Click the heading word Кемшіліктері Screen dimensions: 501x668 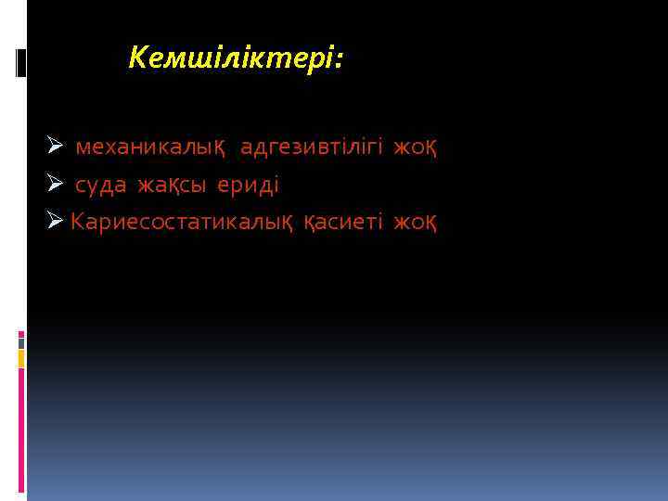point(233,60)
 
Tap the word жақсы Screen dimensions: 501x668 point(173,186)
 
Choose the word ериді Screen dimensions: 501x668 point(248,185)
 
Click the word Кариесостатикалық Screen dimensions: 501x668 point(182,223)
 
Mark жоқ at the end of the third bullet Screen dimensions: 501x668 point(415,223)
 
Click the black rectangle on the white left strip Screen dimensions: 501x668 point(21,62)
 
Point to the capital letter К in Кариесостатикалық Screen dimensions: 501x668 point(78,222)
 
